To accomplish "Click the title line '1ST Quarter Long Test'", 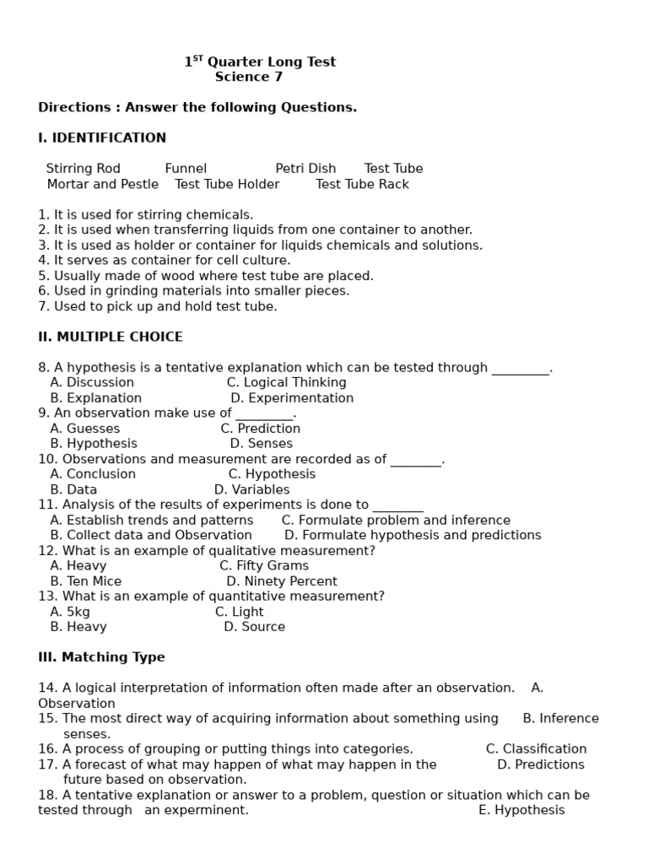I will click(x=260, y=62).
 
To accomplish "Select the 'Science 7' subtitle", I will click(x=249, y=77).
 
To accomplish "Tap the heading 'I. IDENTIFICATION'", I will click(x=102, y=138).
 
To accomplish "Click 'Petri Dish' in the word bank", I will click(x=305, y=169).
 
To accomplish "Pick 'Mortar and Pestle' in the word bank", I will click(x=103, y=184).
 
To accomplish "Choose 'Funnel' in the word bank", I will click(x=186, y=169).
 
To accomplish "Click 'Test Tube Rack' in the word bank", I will click(x=362, y=184).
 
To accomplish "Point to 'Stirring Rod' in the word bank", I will click(x=84, y=169).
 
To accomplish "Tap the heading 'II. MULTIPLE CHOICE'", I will click(x=111, y=337).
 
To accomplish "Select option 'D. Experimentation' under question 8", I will click(x=292, y=398).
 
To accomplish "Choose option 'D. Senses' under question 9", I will click(x=262, y=444).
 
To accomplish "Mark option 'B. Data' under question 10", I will click(x=73, y=489).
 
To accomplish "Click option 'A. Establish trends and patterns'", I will click(x=152, y=521).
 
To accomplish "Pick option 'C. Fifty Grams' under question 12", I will click(x=264, y=566).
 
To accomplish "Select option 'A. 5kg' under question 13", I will click(x=70, y=612).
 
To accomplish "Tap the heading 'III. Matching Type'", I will click(x=101, y=657).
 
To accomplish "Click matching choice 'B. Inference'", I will click(x=561, y=719).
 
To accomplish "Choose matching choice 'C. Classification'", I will click(x=537, y=749).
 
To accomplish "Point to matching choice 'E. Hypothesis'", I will click(x=521, y=810).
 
